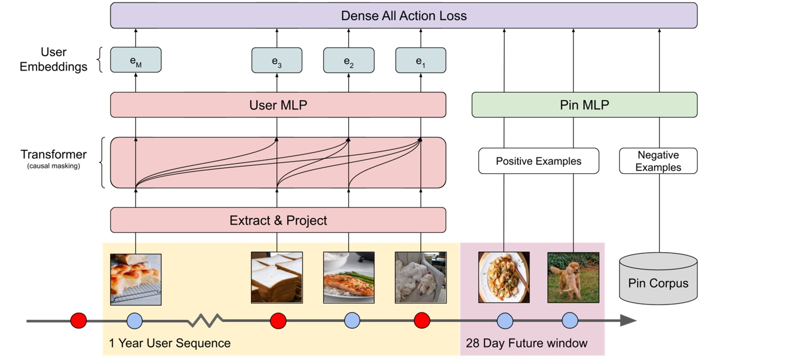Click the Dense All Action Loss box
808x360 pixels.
click(403, 15)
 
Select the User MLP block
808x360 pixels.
click(278, 105)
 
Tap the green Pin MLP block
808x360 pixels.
click(584, 105)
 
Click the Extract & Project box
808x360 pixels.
click(278, 220)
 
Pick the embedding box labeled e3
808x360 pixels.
click(277, 60)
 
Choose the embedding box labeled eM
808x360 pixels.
click(136, 60)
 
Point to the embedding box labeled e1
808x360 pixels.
click(420, 60)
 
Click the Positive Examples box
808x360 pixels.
click(539, 161)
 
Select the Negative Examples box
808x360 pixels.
click(658, 161)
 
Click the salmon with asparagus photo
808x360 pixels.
click(349, 278)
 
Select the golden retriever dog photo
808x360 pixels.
click(573, 278)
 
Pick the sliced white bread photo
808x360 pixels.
click(277, 278)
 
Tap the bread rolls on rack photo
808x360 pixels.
click(136, 279)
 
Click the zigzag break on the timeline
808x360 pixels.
click(205, 321)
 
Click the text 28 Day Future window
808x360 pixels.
click(526, 343)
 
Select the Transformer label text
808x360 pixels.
click(53, 155)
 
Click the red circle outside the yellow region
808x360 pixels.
click(78, 321)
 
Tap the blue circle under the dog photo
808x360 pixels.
click(570, 321)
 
